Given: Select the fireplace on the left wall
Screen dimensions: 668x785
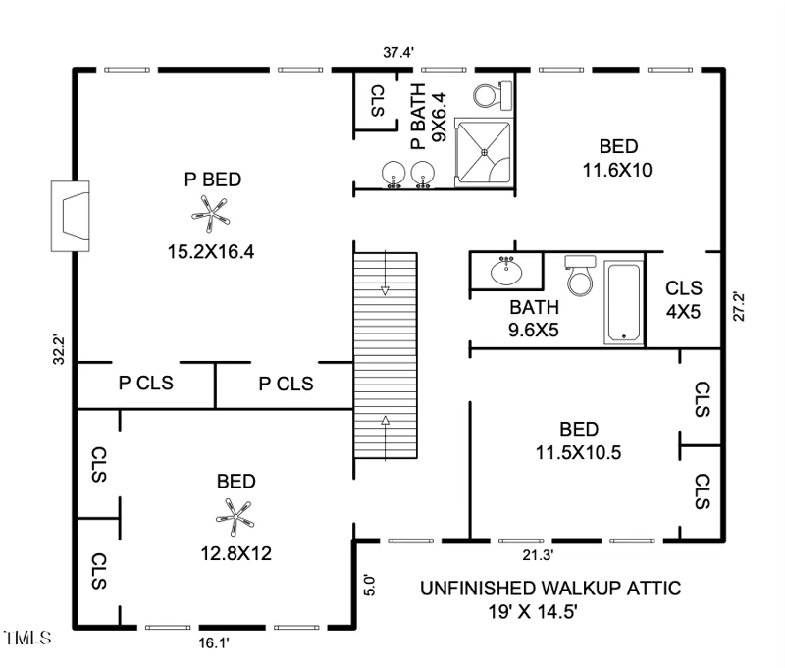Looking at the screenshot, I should pyautogui.click(x=71, y=214).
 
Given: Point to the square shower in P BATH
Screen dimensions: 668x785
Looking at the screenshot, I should pyautogui.click(x=485, y=152).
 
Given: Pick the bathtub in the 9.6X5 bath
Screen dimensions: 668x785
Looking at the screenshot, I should pyautogui.click(x=622, y=301).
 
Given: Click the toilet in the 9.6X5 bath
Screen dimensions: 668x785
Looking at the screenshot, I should pyautogui.click(x=580, y=276).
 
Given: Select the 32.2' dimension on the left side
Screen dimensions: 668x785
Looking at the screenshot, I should pyautogui.click(x=58, y=350).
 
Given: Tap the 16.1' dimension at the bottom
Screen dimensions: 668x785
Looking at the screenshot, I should pyautogui.click(x=212, y=642).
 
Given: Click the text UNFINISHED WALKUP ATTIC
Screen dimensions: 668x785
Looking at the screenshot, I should pyautogui.click(x=550, y=589).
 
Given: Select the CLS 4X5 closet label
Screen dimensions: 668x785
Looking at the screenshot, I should pyautogui.click(x=684, y=298).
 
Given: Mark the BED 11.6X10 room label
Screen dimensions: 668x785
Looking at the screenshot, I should pyautogui.click(x=618, y=157).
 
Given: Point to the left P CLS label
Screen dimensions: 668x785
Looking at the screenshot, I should pyautogui.click(x=145, y=383).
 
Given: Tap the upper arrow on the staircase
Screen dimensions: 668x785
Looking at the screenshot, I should pyautogui.click(x=385, y=288).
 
